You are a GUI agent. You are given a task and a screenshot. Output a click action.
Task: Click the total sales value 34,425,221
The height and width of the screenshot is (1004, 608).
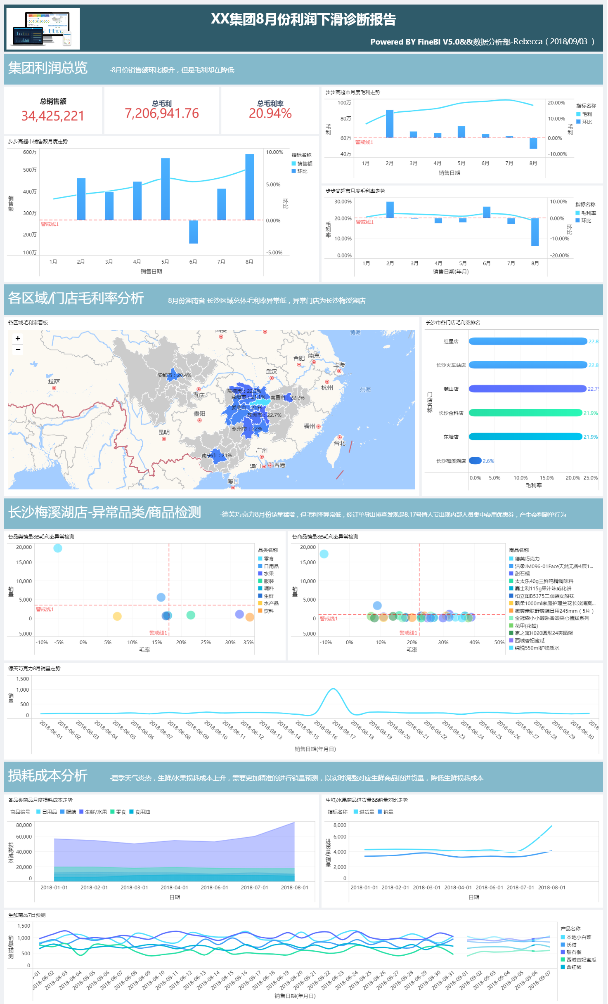point(53,116)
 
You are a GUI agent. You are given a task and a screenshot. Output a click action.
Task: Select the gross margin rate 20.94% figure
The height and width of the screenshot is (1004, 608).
point(270,113)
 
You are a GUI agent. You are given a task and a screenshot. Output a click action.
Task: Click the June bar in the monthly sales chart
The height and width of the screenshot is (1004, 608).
point(193,232)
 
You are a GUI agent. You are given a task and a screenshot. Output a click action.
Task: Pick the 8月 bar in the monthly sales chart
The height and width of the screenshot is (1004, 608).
point(249,187)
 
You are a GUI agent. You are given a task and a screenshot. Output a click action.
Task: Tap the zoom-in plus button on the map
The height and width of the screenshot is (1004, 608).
point(18,338)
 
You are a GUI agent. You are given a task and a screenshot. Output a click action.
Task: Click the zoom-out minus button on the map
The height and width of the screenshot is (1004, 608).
point(18,350)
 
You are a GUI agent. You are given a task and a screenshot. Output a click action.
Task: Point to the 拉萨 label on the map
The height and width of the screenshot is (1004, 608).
point(54,382)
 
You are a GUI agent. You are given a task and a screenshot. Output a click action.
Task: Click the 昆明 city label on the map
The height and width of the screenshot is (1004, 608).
point(164,432)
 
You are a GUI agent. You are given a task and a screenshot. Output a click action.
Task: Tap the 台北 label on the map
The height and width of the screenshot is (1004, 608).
point(339,443)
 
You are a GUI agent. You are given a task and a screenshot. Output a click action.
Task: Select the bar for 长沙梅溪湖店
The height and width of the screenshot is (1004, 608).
point(475,461)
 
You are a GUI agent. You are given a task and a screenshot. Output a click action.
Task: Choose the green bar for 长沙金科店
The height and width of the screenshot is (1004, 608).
point(525,413)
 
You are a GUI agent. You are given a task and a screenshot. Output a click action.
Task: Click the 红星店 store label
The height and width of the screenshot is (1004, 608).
point(451,341)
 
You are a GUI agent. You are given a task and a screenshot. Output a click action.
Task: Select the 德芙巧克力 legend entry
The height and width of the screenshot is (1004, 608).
point(527,559)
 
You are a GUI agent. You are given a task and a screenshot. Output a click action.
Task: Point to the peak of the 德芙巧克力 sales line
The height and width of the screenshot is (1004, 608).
point(333,689)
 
